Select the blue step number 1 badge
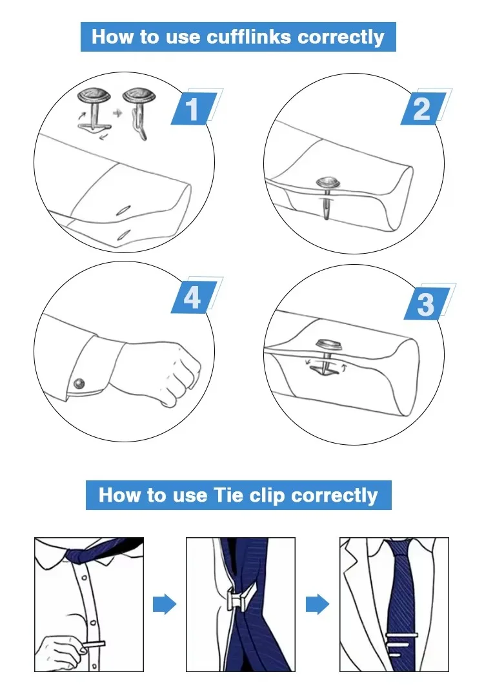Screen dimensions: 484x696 tap(194, 108)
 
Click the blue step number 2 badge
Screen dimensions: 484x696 tap(423, 108)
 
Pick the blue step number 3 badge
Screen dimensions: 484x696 tap(427, 303)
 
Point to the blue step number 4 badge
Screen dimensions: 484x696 tap(194, 297)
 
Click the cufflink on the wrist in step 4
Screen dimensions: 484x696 tap(80, 383)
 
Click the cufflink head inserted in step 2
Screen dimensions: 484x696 tap(328, 183)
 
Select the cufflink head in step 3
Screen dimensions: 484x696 tap(330, 345)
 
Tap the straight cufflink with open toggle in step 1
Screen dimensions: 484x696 tap(94, 108)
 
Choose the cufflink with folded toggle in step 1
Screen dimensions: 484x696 tap(139, 113)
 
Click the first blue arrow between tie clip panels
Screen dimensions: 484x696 tap(165, 604)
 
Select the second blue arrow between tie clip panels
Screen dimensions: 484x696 tap(318, 604)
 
